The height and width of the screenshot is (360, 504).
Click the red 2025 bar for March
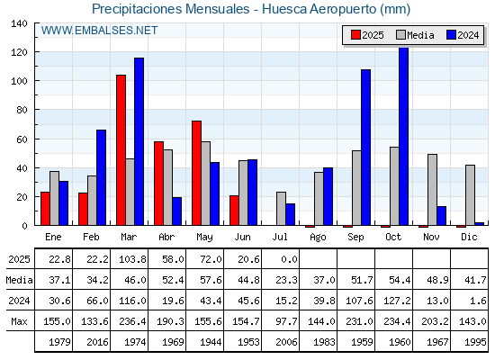point(121,150)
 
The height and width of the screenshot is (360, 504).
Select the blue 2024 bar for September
point(365,148)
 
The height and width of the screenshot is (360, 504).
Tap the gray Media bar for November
point(432,190)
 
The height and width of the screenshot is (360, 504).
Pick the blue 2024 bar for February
point(101,177)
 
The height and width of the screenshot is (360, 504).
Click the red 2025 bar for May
point(197,173)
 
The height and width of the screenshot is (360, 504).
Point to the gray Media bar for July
point(281,209)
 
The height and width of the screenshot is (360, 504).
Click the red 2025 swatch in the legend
point(355,35)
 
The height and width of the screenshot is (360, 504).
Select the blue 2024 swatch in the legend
point(451,35)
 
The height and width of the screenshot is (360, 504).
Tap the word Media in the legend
point(420,35)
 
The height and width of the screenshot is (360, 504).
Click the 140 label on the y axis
point(19,23)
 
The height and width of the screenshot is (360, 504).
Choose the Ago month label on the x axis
point(318,238)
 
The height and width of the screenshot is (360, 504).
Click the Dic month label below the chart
point(469,237)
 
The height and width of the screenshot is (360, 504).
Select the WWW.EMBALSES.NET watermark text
point(99,31)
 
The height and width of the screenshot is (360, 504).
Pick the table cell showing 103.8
point(133,259)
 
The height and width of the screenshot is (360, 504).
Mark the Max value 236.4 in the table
point(133,321)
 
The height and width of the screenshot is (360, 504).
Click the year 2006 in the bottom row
point(286,342)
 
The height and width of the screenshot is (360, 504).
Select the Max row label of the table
point(19,321)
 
